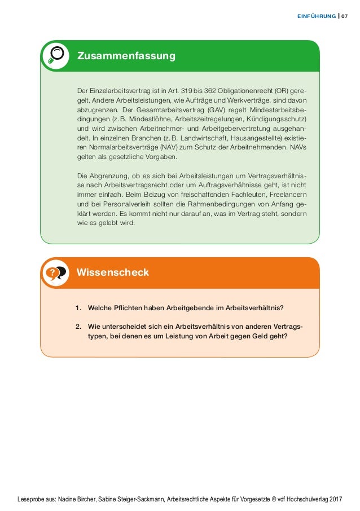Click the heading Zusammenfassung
coord(126,56)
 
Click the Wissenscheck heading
coord(113,272)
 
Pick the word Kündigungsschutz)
coord(276,120)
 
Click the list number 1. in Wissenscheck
coord(78,307)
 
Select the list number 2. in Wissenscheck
coord(78,327)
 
